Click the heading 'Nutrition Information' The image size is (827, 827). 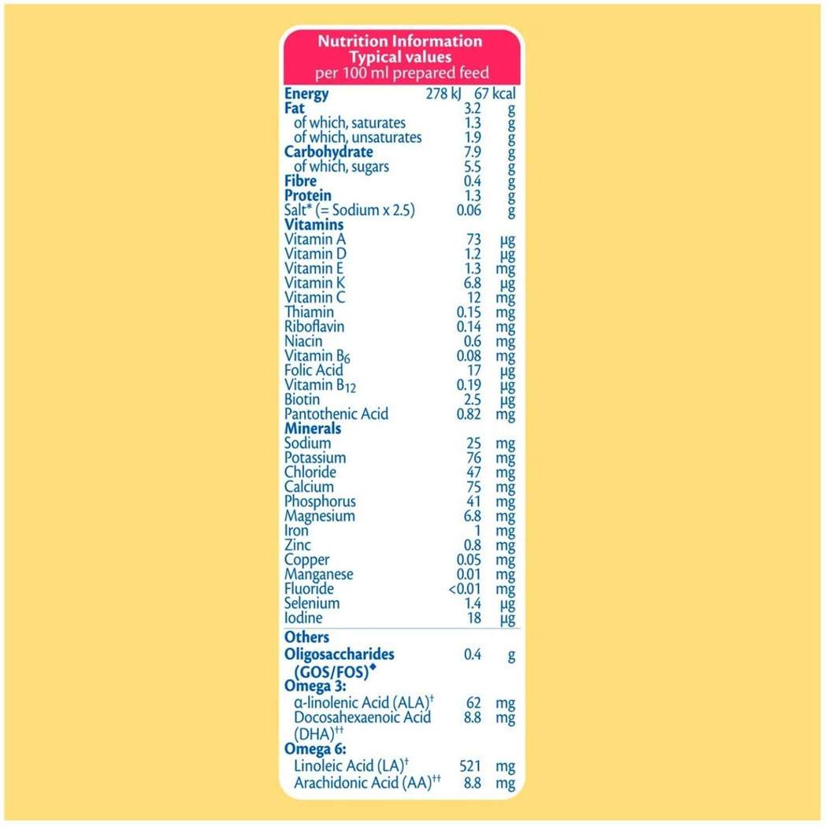point(399,42)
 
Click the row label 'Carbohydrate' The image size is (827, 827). point(328,151)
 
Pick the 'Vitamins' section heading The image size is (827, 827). point(314,224)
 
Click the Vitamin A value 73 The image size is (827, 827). point(472,239)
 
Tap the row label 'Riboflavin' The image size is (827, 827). point(314,326)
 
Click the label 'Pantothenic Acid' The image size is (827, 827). point(336,413)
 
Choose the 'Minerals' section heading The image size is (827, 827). point(313,428)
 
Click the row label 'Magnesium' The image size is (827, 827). point(320,516)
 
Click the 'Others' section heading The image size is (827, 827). point(307,637)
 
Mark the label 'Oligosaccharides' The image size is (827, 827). point(339,655)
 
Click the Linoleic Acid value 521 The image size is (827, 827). point(469,765)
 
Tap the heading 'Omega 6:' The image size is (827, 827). point(315,749)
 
